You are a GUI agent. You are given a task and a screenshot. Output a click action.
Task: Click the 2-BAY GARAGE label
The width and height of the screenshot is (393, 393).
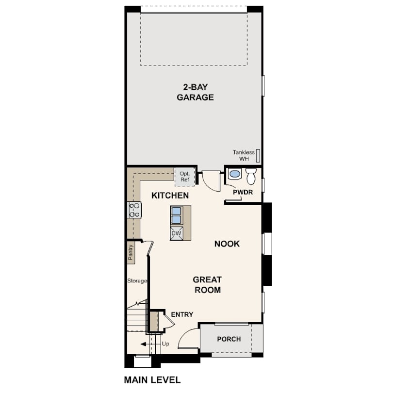click(195, 92)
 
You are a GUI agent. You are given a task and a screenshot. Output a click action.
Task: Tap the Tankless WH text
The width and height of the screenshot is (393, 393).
click(244, 155)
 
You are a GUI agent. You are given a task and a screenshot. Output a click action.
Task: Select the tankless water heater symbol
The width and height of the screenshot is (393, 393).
click(258, 156)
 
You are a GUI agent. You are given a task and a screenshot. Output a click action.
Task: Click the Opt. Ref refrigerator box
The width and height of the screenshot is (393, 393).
click(185, 177)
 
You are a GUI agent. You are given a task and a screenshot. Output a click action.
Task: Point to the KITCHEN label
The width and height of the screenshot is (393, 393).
click(170, 196)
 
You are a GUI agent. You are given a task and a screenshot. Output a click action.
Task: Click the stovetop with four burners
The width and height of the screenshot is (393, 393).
click(134, 210)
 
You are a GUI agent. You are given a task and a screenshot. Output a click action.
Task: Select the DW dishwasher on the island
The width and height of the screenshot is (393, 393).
click(177, 233)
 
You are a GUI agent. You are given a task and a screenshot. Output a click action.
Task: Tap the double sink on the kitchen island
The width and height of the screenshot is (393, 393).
click(177, 215)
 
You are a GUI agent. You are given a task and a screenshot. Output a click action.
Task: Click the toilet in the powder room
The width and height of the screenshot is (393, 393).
click(251, 176)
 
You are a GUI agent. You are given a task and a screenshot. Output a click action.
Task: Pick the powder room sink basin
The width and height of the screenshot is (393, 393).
click(235, 173)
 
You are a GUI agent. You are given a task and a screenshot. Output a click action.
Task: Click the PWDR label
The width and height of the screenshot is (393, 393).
click(243, 192)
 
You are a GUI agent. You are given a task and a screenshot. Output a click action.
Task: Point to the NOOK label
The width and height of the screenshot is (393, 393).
click(227, 244)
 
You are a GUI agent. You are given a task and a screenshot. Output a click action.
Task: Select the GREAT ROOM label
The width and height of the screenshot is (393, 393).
click(207, 284)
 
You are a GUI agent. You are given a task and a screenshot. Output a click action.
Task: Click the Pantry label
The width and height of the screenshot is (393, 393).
click(131, 252)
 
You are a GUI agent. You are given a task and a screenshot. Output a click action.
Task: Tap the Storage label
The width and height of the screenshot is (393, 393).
click(137, 281)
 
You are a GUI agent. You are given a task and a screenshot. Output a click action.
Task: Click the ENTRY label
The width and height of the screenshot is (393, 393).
click(182, 314)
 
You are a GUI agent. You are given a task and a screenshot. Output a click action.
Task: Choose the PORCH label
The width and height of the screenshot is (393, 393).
click(229, 339)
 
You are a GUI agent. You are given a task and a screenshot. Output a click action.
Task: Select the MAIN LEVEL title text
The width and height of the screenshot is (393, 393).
click(152, 380)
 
